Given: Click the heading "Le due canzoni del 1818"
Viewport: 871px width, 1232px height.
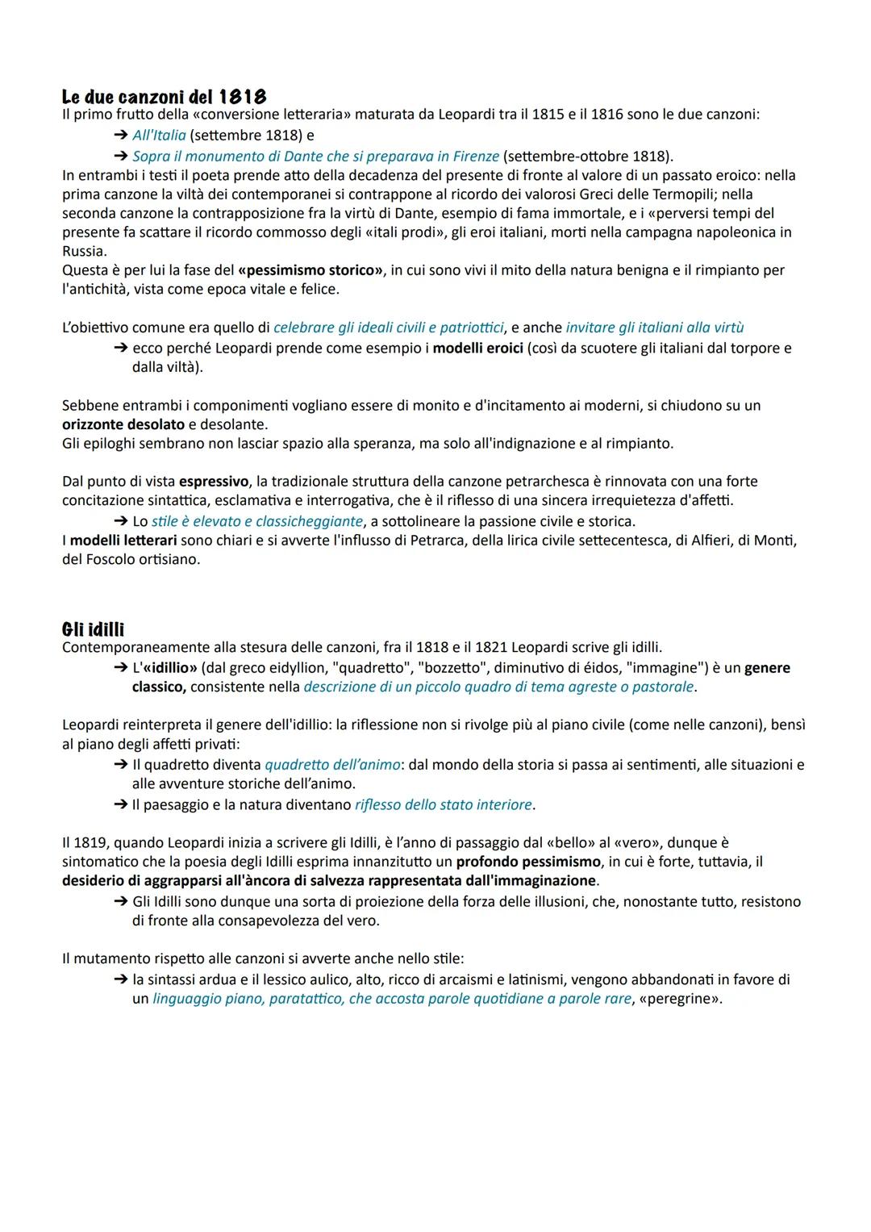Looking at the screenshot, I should (164, 97).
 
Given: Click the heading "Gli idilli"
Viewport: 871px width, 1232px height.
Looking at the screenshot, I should (93, 629).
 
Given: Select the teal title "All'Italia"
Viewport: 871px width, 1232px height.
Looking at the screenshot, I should (159, 136).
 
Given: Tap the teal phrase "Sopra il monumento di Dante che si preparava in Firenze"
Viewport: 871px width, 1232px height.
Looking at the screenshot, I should (315, 156).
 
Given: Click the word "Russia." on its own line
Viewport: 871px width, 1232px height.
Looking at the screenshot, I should (85, 251).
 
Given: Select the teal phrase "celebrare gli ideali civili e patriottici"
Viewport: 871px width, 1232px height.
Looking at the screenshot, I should (389, 328).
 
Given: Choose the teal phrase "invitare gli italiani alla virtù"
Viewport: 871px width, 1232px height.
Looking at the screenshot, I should (654, 328).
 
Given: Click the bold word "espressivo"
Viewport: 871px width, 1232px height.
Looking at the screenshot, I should (215, 482).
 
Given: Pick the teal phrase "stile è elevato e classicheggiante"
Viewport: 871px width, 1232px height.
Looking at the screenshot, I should (257, 521).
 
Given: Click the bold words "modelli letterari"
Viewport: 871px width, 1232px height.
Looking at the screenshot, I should (123, 540).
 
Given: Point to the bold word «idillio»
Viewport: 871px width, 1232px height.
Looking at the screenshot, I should (169, 668).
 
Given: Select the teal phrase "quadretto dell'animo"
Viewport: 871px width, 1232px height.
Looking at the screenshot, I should (332, 764).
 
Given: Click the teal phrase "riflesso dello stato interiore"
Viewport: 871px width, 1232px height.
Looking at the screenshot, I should (443, 804).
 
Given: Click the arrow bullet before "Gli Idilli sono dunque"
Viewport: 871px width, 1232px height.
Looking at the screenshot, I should (121, 901).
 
